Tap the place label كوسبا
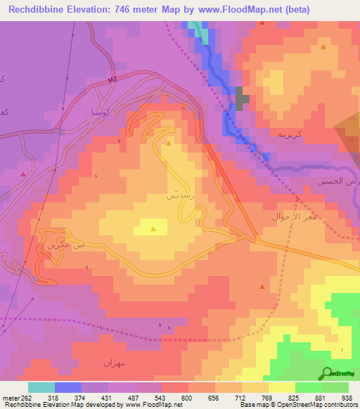click(96, 110)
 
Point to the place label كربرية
click(290, 134)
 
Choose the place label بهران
click(113, 363)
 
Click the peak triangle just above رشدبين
click(169, 143)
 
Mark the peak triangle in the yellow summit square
click(154, 228)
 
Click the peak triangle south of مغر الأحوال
click(262, 287)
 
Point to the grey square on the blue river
click(242, 98)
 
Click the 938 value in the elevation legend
click(347, 397)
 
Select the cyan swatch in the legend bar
click(41, 387)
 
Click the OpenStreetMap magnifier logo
click(328, 372)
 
